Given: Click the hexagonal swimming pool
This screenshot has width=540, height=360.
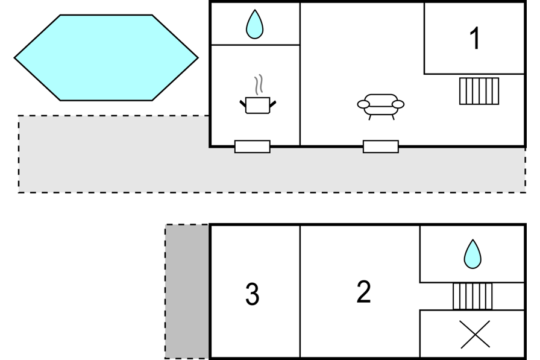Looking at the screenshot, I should [x=106, y=58].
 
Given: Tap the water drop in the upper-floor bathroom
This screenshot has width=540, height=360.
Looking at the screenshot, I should [x=254, y=25].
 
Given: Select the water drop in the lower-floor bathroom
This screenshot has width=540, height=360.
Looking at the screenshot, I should [x=472, y=254].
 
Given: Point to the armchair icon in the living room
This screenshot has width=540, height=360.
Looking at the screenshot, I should [x=380, y=104].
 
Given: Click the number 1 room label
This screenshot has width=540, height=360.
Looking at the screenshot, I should [x=475, y=39].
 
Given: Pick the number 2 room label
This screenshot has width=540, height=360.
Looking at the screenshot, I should [x=363, y=292].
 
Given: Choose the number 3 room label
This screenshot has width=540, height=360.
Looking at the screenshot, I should [x=253, y=294].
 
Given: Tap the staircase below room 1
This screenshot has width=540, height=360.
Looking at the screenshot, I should [x=479, y=91].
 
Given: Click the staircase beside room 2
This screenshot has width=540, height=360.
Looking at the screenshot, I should [x=472, y=296].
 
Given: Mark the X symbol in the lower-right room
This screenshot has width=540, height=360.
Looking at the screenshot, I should [x=475, y=335].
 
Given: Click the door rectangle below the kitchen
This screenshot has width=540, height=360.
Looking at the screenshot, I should [x=253, y=147].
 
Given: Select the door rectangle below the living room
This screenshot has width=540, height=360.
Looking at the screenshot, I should [x=381, y=147].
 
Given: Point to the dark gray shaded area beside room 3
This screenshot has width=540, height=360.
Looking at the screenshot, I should [x=187, y=292].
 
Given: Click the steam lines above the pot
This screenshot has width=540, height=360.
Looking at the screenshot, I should [x=259, y=86].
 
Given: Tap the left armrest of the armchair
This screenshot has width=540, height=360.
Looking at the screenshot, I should [x=363, y=104].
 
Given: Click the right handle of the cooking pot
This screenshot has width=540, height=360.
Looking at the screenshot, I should [x=273, y=104].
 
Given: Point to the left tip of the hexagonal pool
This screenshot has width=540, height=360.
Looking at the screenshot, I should [x=16, y=58].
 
